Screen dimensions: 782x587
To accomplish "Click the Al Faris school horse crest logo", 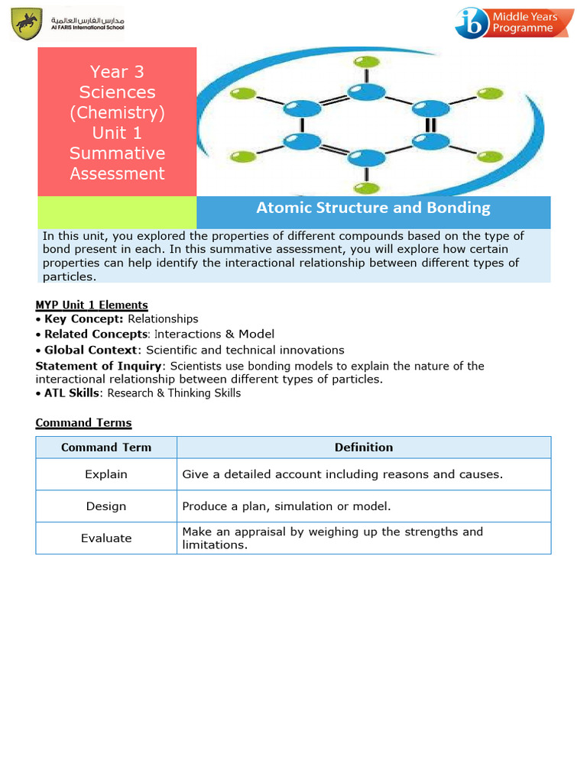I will [28, 24].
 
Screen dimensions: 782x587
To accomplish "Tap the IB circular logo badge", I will [473, 23].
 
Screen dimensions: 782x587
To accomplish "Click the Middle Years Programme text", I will [525, 22].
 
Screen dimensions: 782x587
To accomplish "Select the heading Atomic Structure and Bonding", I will [373, 208].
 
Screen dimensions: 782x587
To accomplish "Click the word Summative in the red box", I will [117, 153].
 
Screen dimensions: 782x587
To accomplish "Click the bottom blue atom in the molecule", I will [367, 159].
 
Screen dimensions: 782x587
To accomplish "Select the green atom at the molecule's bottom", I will [368, 188].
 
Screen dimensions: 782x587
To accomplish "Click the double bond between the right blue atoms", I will [430, 125].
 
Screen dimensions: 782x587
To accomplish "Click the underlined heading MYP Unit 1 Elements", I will [92, 305].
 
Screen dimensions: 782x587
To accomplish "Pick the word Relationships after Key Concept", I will [163, 319].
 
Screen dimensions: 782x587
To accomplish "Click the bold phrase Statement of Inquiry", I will [99, 366].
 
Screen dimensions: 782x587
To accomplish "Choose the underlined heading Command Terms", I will [83, 422].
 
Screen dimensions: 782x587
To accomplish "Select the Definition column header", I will [364, 448].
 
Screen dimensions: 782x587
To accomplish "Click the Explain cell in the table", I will [106, 474].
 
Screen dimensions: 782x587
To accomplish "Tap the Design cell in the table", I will [106, 506].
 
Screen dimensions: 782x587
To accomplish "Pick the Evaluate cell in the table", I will [106, 538].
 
